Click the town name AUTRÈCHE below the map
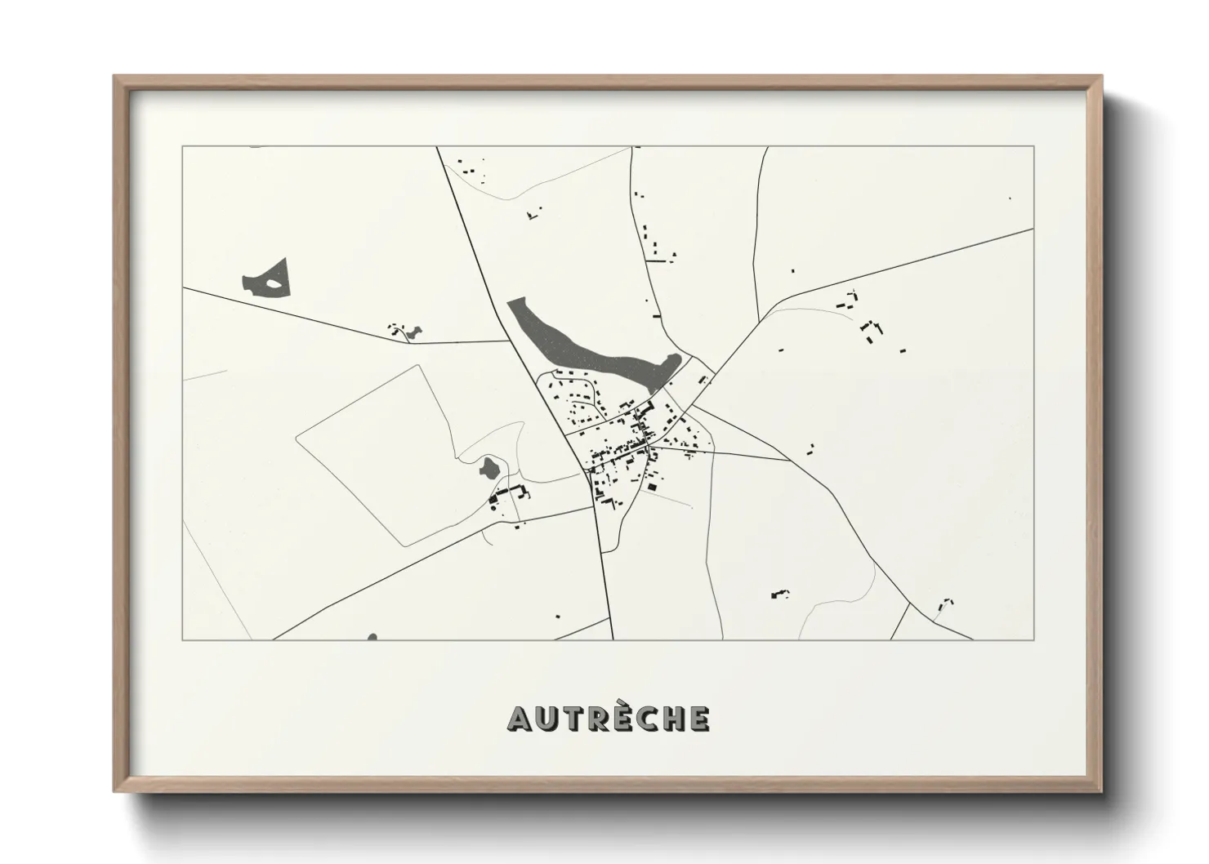click(609, 718)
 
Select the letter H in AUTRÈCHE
click(674, 718)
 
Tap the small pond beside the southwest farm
click(489, 468)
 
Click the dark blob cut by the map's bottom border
click(372, 637)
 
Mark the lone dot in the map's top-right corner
click(1010, 198)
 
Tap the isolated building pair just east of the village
click(810, 448)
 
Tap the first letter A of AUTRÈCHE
click(520, 718)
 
